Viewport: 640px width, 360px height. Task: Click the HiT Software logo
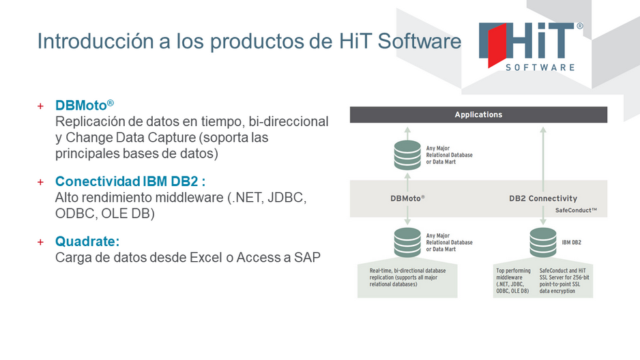point(531,46)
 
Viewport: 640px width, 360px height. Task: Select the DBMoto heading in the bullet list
point(85,105)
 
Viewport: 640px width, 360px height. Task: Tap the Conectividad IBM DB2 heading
point(130,181)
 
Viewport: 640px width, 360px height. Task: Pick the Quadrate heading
point(87,241)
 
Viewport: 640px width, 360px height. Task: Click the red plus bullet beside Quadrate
point(40,242)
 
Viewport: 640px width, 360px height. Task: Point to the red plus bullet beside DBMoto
point(40,106)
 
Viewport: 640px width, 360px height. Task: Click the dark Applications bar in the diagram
point(478,115)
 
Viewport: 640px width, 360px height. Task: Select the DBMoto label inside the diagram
point(407,198)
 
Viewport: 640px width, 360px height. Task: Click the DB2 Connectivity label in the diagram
point(543,198)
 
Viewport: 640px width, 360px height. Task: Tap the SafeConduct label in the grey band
point(576,211)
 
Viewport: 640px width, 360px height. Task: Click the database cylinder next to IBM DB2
point(543,242)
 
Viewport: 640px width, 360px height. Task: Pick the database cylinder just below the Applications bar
point(407,155)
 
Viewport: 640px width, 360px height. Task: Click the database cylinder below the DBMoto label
point(407,242)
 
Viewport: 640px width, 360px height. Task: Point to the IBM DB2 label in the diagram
point(572,242)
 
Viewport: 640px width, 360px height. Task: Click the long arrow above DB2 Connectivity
point(543,159)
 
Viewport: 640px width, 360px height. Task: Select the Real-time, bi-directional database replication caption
point(407,277)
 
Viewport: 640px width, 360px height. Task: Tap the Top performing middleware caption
point(513,280)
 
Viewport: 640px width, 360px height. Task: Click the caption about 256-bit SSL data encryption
point(564,280)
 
